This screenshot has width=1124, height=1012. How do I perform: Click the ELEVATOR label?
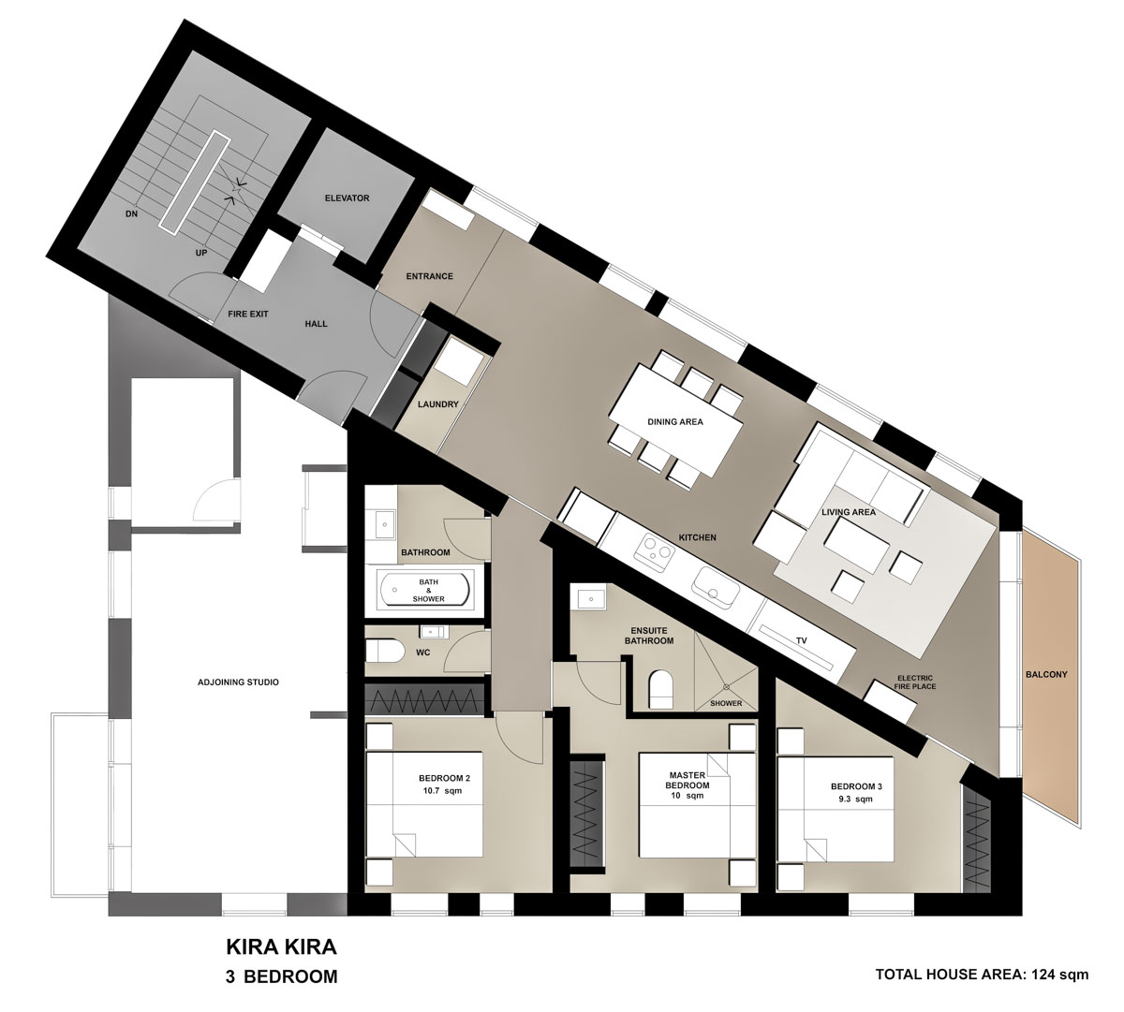point(347,198)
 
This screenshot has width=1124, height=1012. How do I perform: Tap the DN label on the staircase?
point(131,213)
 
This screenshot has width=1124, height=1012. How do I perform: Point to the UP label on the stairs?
point(201,253)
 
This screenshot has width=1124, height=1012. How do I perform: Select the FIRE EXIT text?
point(247,315)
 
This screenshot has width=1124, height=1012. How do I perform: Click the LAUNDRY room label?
point(438,404)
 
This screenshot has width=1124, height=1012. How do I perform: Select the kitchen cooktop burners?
point(655,547)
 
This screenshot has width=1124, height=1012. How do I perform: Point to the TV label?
point(801,640)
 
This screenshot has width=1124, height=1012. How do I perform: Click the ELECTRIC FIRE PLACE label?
point(915,682)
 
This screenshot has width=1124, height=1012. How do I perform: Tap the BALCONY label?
point(1046,674)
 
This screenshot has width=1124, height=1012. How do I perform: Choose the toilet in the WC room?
point(386,652)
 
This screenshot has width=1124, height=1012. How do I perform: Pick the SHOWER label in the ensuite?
point(726,703)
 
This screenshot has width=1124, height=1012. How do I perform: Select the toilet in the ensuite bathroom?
point(661,690)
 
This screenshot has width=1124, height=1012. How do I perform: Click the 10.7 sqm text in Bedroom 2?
point(444,791)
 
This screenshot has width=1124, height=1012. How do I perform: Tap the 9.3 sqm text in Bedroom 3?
point(855,799)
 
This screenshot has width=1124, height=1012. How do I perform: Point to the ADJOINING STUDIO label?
point(238,682)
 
